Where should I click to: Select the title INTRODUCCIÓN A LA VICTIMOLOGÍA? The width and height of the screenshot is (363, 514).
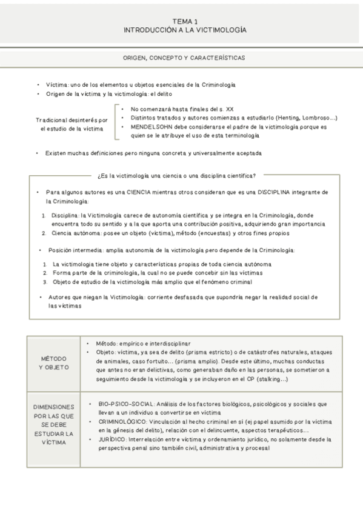pos(184,29)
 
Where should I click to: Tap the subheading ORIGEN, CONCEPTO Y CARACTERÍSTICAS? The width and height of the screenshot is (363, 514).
pos(184,58)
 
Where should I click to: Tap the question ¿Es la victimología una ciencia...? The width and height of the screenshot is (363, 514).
pos(176,176)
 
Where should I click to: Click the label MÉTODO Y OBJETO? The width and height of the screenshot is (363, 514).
pos(53,362)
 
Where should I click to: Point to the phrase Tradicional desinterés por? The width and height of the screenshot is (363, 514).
pos(71,120)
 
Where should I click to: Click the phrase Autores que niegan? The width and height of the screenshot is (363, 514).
pos(75,297)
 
